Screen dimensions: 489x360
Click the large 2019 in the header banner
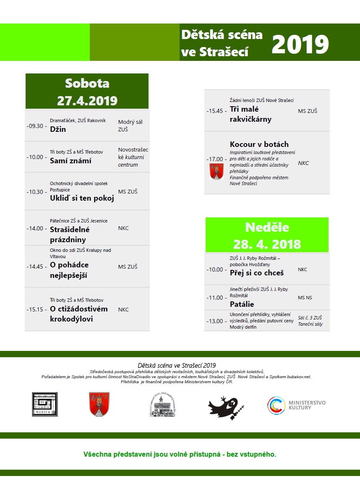[300, 44]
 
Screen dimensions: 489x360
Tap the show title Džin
[58, 129]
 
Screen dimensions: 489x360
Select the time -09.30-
[37, 126]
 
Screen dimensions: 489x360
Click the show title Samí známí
[70, 161]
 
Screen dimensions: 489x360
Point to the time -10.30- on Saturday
[37, 192]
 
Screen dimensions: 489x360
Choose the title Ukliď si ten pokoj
[82, 199]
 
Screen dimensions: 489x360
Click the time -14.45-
[37, 267]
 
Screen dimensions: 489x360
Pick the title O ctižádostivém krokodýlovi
[78, 314]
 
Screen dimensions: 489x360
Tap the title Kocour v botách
[259, 144]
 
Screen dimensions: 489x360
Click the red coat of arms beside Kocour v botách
[217, 172]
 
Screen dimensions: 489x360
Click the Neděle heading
[267, 227]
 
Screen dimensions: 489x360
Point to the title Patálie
[242, 304]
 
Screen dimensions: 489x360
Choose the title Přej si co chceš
[257, 273]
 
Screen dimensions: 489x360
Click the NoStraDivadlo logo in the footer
[44, 404]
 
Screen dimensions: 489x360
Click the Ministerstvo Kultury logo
[296, 405]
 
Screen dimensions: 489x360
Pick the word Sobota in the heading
[87, 84]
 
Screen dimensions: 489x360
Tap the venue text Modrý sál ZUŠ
[130, 126]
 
